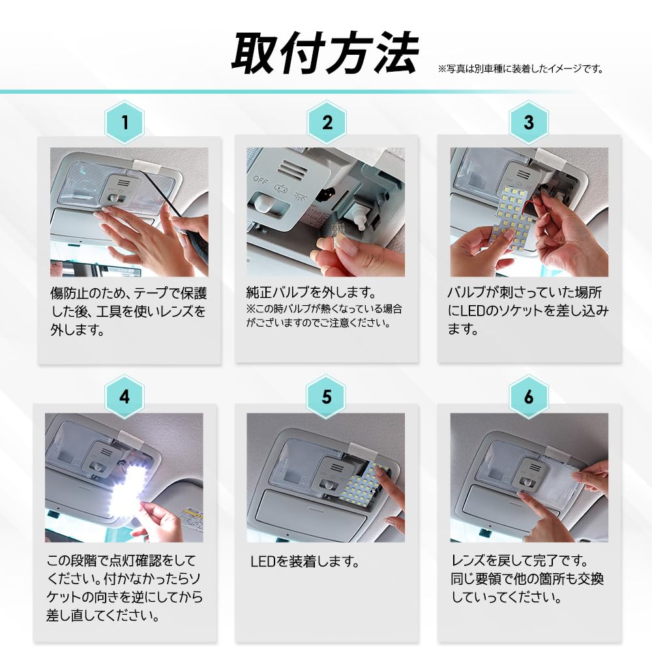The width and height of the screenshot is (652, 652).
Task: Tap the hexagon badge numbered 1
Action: coord(124,122)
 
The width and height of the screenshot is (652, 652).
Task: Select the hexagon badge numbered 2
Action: coord(327,122)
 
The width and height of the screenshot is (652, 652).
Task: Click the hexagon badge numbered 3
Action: coord(529,122)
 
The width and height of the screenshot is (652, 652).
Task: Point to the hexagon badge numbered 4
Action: coord(124,397)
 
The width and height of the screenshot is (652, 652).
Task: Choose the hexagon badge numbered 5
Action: coord(327,397)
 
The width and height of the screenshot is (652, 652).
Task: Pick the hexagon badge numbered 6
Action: coord(529,397)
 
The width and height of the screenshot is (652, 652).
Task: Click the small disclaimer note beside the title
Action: coord(520,68)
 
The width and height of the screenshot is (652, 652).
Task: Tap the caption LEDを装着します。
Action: coord(305,561)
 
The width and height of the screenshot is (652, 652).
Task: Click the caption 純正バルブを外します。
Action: coord(312,292)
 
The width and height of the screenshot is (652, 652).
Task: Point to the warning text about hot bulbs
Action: coord(324,316)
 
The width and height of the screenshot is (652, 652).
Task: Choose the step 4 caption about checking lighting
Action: coord(125,587)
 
